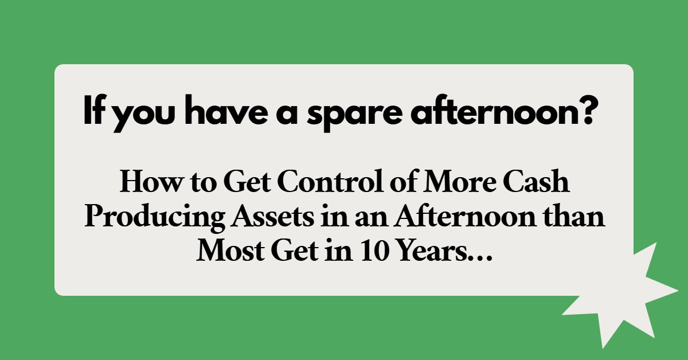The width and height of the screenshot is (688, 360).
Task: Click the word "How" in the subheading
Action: click(145, 183)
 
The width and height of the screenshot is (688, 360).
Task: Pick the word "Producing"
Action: click(145, 218)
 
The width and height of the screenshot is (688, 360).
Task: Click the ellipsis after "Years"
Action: click(478, 258)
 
